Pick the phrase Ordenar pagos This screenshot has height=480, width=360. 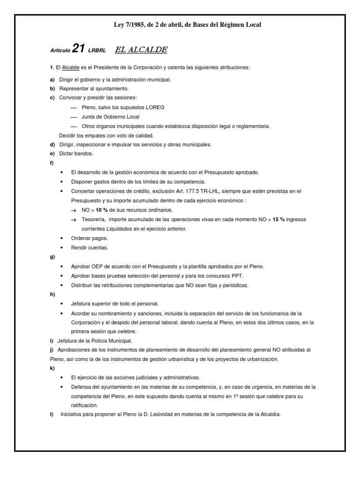pyautogui.click(x=89, y=238)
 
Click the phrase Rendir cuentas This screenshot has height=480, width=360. pyautogui.click(x=90, y=247)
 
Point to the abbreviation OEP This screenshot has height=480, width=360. pyautogui.click(x=98, y=266)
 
